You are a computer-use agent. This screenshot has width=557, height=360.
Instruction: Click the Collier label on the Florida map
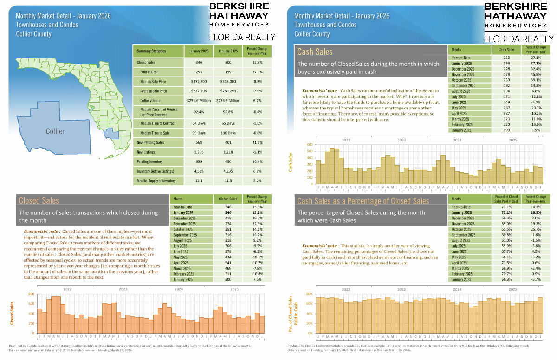[55, 131]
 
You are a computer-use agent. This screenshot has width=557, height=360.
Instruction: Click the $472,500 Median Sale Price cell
[199, 82]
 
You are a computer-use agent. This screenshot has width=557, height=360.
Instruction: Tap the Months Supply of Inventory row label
[156, 180]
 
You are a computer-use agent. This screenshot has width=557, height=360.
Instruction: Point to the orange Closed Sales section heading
[39, 200]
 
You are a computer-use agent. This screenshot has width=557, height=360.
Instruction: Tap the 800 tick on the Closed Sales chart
[31, 294]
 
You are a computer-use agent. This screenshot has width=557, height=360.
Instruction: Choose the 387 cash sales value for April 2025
[506, 113]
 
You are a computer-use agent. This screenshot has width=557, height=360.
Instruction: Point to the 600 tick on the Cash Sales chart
[310, 145]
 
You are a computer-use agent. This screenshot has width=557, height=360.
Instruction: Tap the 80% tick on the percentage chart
[309, 294]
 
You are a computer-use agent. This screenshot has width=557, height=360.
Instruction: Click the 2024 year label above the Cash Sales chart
[457, 140]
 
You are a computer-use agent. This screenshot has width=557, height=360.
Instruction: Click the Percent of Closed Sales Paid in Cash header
[506, 199]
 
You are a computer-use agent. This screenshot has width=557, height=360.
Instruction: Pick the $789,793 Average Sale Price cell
[227, 91]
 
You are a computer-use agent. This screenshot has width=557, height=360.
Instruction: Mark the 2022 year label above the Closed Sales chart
[67, 289]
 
